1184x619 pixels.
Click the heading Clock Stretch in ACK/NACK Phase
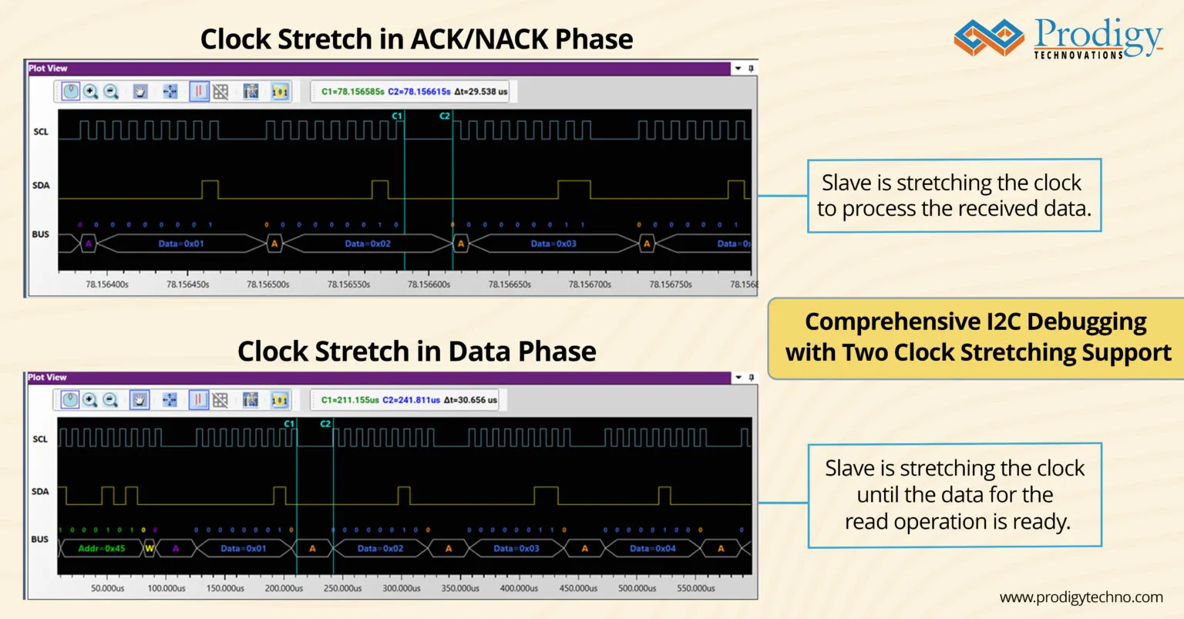416,39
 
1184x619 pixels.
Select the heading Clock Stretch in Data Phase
416,352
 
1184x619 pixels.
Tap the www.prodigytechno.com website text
1081,597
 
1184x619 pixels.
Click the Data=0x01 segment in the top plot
181,244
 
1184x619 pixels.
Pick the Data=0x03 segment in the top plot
553,244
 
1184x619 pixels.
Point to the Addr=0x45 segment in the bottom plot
101,548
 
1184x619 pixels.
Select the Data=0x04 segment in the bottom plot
652,548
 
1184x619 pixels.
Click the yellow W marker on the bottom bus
150,548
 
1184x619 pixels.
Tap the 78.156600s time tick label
429,284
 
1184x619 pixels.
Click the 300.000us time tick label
402,588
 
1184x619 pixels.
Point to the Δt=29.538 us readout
481,92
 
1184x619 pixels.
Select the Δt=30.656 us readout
470,400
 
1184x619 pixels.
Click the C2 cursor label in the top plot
445,116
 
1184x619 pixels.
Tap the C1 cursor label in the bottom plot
289,424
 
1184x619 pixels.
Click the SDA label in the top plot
41,185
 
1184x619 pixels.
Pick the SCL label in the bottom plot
40,439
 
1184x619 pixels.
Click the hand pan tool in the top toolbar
140,92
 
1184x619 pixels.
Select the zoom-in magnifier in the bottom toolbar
90,400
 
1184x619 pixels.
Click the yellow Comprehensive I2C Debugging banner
976,338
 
